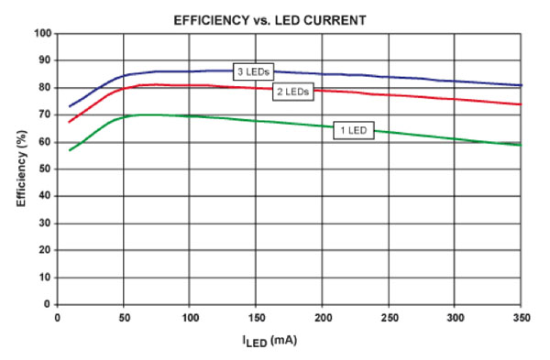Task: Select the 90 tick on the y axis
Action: click(x=42, y=60)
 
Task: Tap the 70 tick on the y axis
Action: click(x=42, y=115)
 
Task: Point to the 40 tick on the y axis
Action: click(x=42, y=196)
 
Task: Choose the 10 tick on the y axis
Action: click(x=42, y=278)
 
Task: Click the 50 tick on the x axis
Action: click(x=122, y=316)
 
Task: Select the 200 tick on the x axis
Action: click(x=321, y=316)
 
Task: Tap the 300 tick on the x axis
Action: click(x=455, y=316)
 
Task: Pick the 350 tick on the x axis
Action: click(x=520, y=316)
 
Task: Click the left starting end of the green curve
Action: click(x=69, y=150)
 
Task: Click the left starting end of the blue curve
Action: click(x=69, y=106)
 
